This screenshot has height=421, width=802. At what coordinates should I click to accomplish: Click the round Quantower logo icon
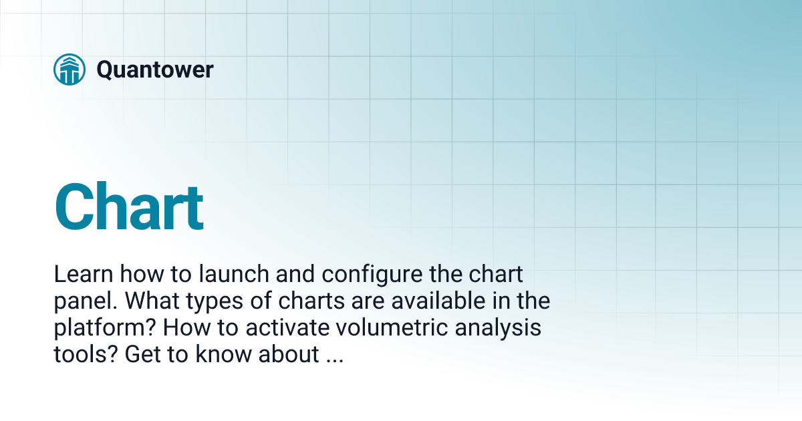[70, 69]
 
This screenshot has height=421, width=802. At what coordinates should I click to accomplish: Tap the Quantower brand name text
[155, 69]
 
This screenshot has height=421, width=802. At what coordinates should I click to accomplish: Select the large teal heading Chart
[129, 208]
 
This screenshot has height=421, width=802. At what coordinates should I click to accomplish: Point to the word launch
[208, 274]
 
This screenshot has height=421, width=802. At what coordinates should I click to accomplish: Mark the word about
[289, 355]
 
